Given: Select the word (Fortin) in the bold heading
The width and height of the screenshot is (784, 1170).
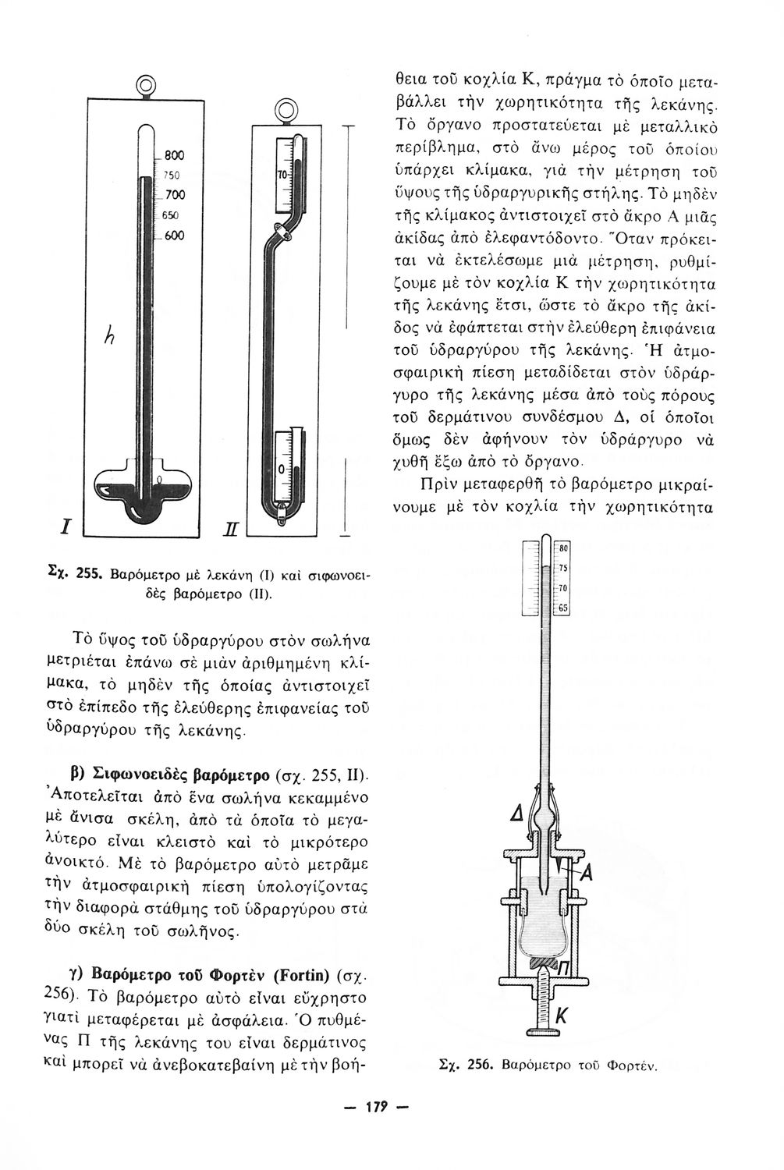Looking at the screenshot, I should coord(306,976).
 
